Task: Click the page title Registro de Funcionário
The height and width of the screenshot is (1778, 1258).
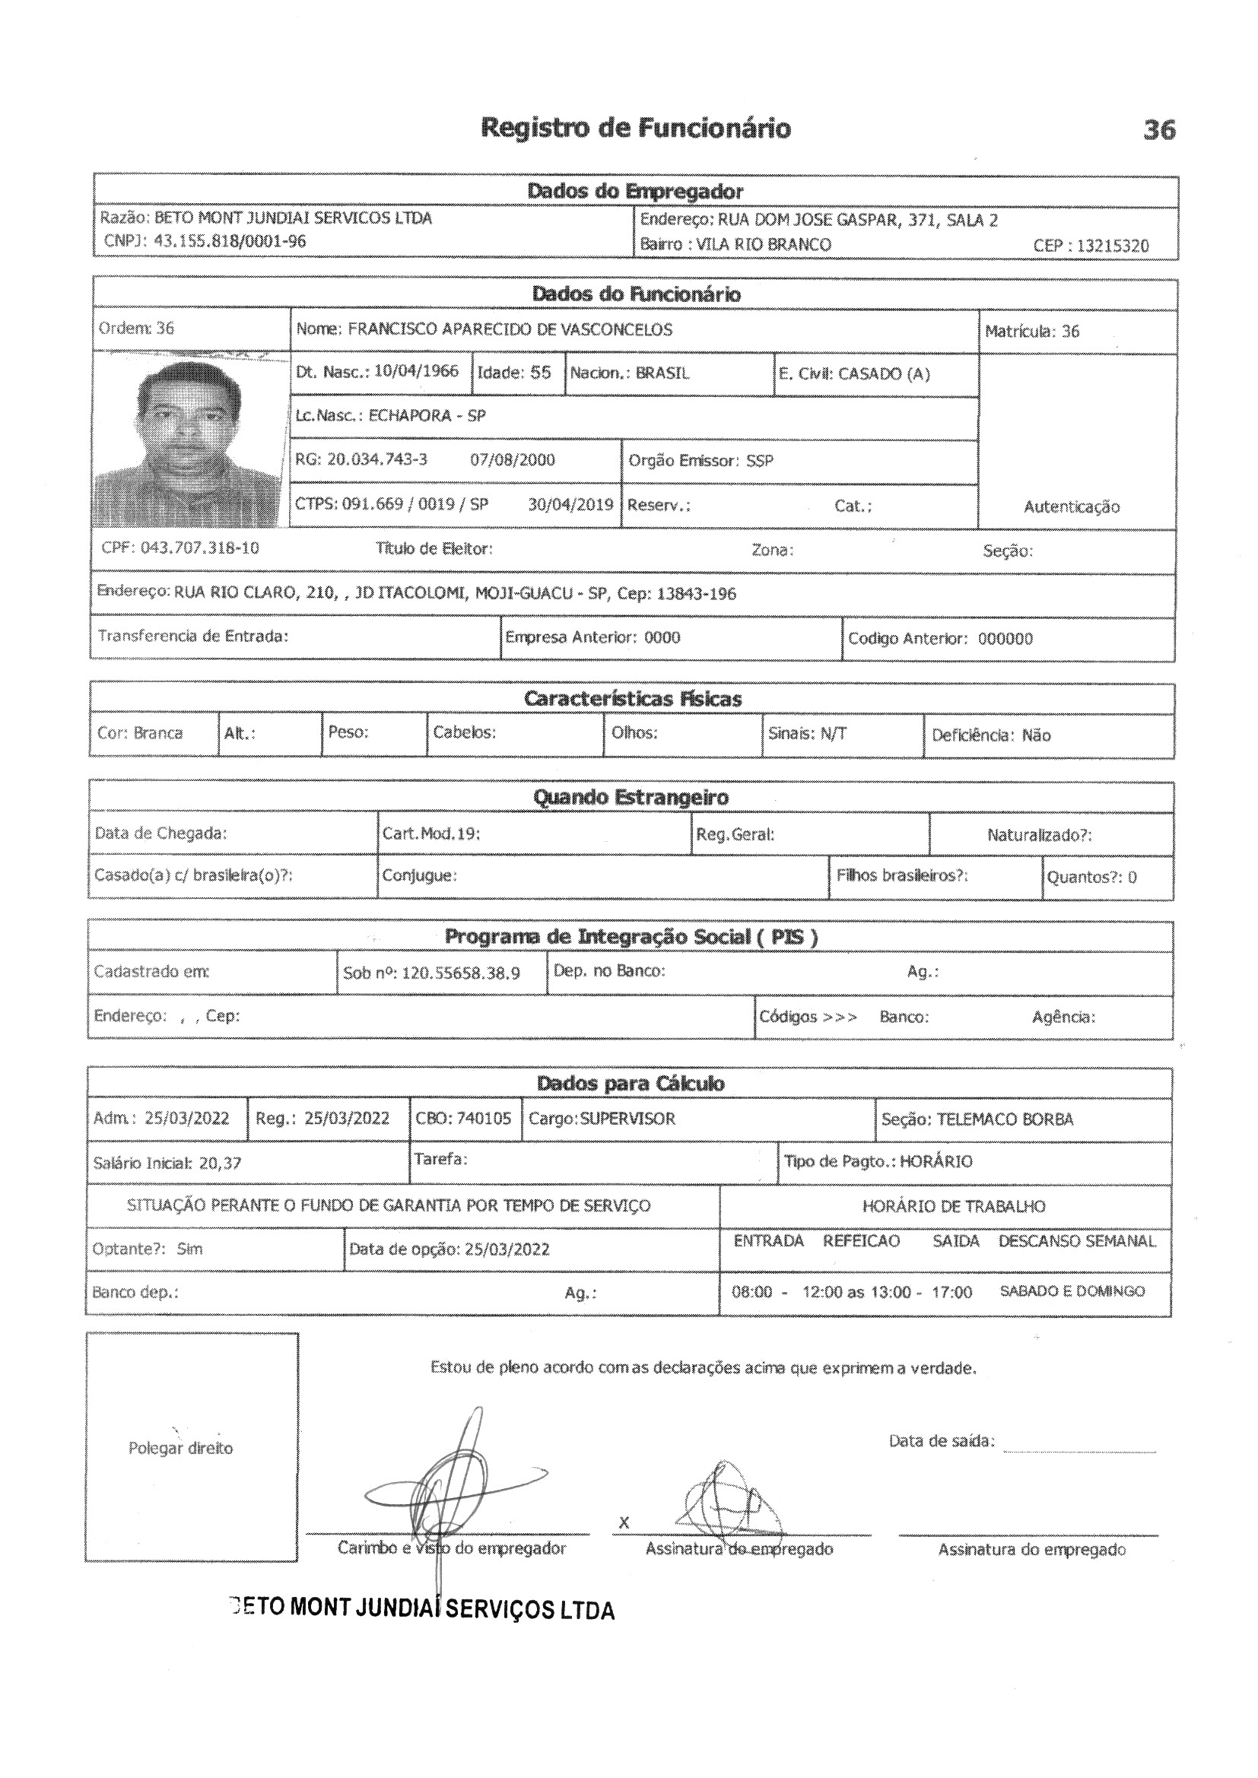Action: click(635, 128)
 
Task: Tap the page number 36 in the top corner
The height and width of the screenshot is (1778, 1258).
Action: click(1159, 130)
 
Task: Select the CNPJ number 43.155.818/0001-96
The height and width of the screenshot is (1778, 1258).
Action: click(230, 241)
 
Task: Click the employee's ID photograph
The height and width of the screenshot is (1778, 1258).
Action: click(187, 440)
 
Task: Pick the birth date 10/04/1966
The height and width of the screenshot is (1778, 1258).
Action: click(416, 371)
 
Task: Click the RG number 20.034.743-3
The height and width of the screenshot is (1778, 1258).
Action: click(376, 459)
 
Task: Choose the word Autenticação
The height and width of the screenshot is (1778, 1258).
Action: click(1072, 507)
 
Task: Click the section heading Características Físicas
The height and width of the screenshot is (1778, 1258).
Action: click(632, 698)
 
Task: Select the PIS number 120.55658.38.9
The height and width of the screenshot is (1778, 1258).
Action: click(461, 973)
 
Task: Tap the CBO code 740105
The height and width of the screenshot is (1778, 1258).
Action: click(484, 1119)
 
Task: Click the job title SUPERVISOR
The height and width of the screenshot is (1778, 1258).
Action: click(627, 1119)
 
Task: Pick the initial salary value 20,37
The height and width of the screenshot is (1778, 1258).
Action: click(220, 1163)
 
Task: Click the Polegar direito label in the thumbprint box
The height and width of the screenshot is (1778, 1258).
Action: click(180, 1448)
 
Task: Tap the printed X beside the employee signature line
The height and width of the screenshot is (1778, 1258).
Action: click(624, 1523)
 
